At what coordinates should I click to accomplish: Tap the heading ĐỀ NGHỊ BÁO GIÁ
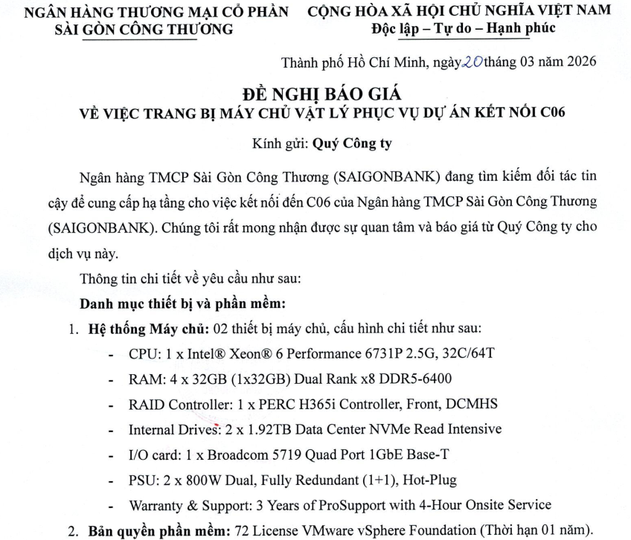pos(321,94)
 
